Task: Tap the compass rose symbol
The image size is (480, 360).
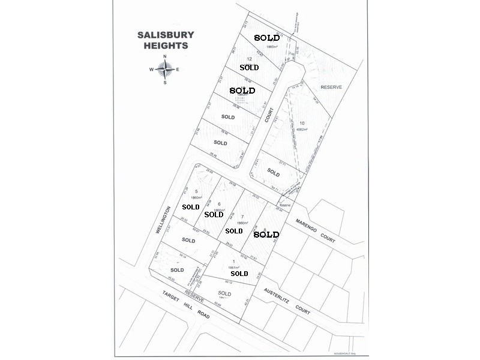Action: pos(165,69)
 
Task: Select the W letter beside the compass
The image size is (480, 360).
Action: pos(152,70)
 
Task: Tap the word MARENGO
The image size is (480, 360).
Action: pos(306,229)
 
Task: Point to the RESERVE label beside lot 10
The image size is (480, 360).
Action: pos(331,88)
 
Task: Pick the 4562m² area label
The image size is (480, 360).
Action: pos(301,129)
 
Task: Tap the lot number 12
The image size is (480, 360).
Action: pos(249,58)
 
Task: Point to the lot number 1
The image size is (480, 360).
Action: pos(233,262)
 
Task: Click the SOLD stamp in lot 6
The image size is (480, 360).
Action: pos(214,214)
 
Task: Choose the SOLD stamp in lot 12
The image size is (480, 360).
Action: pos(249,68)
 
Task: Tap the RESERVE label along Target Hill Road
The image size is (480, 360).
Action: pos(194,296)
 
